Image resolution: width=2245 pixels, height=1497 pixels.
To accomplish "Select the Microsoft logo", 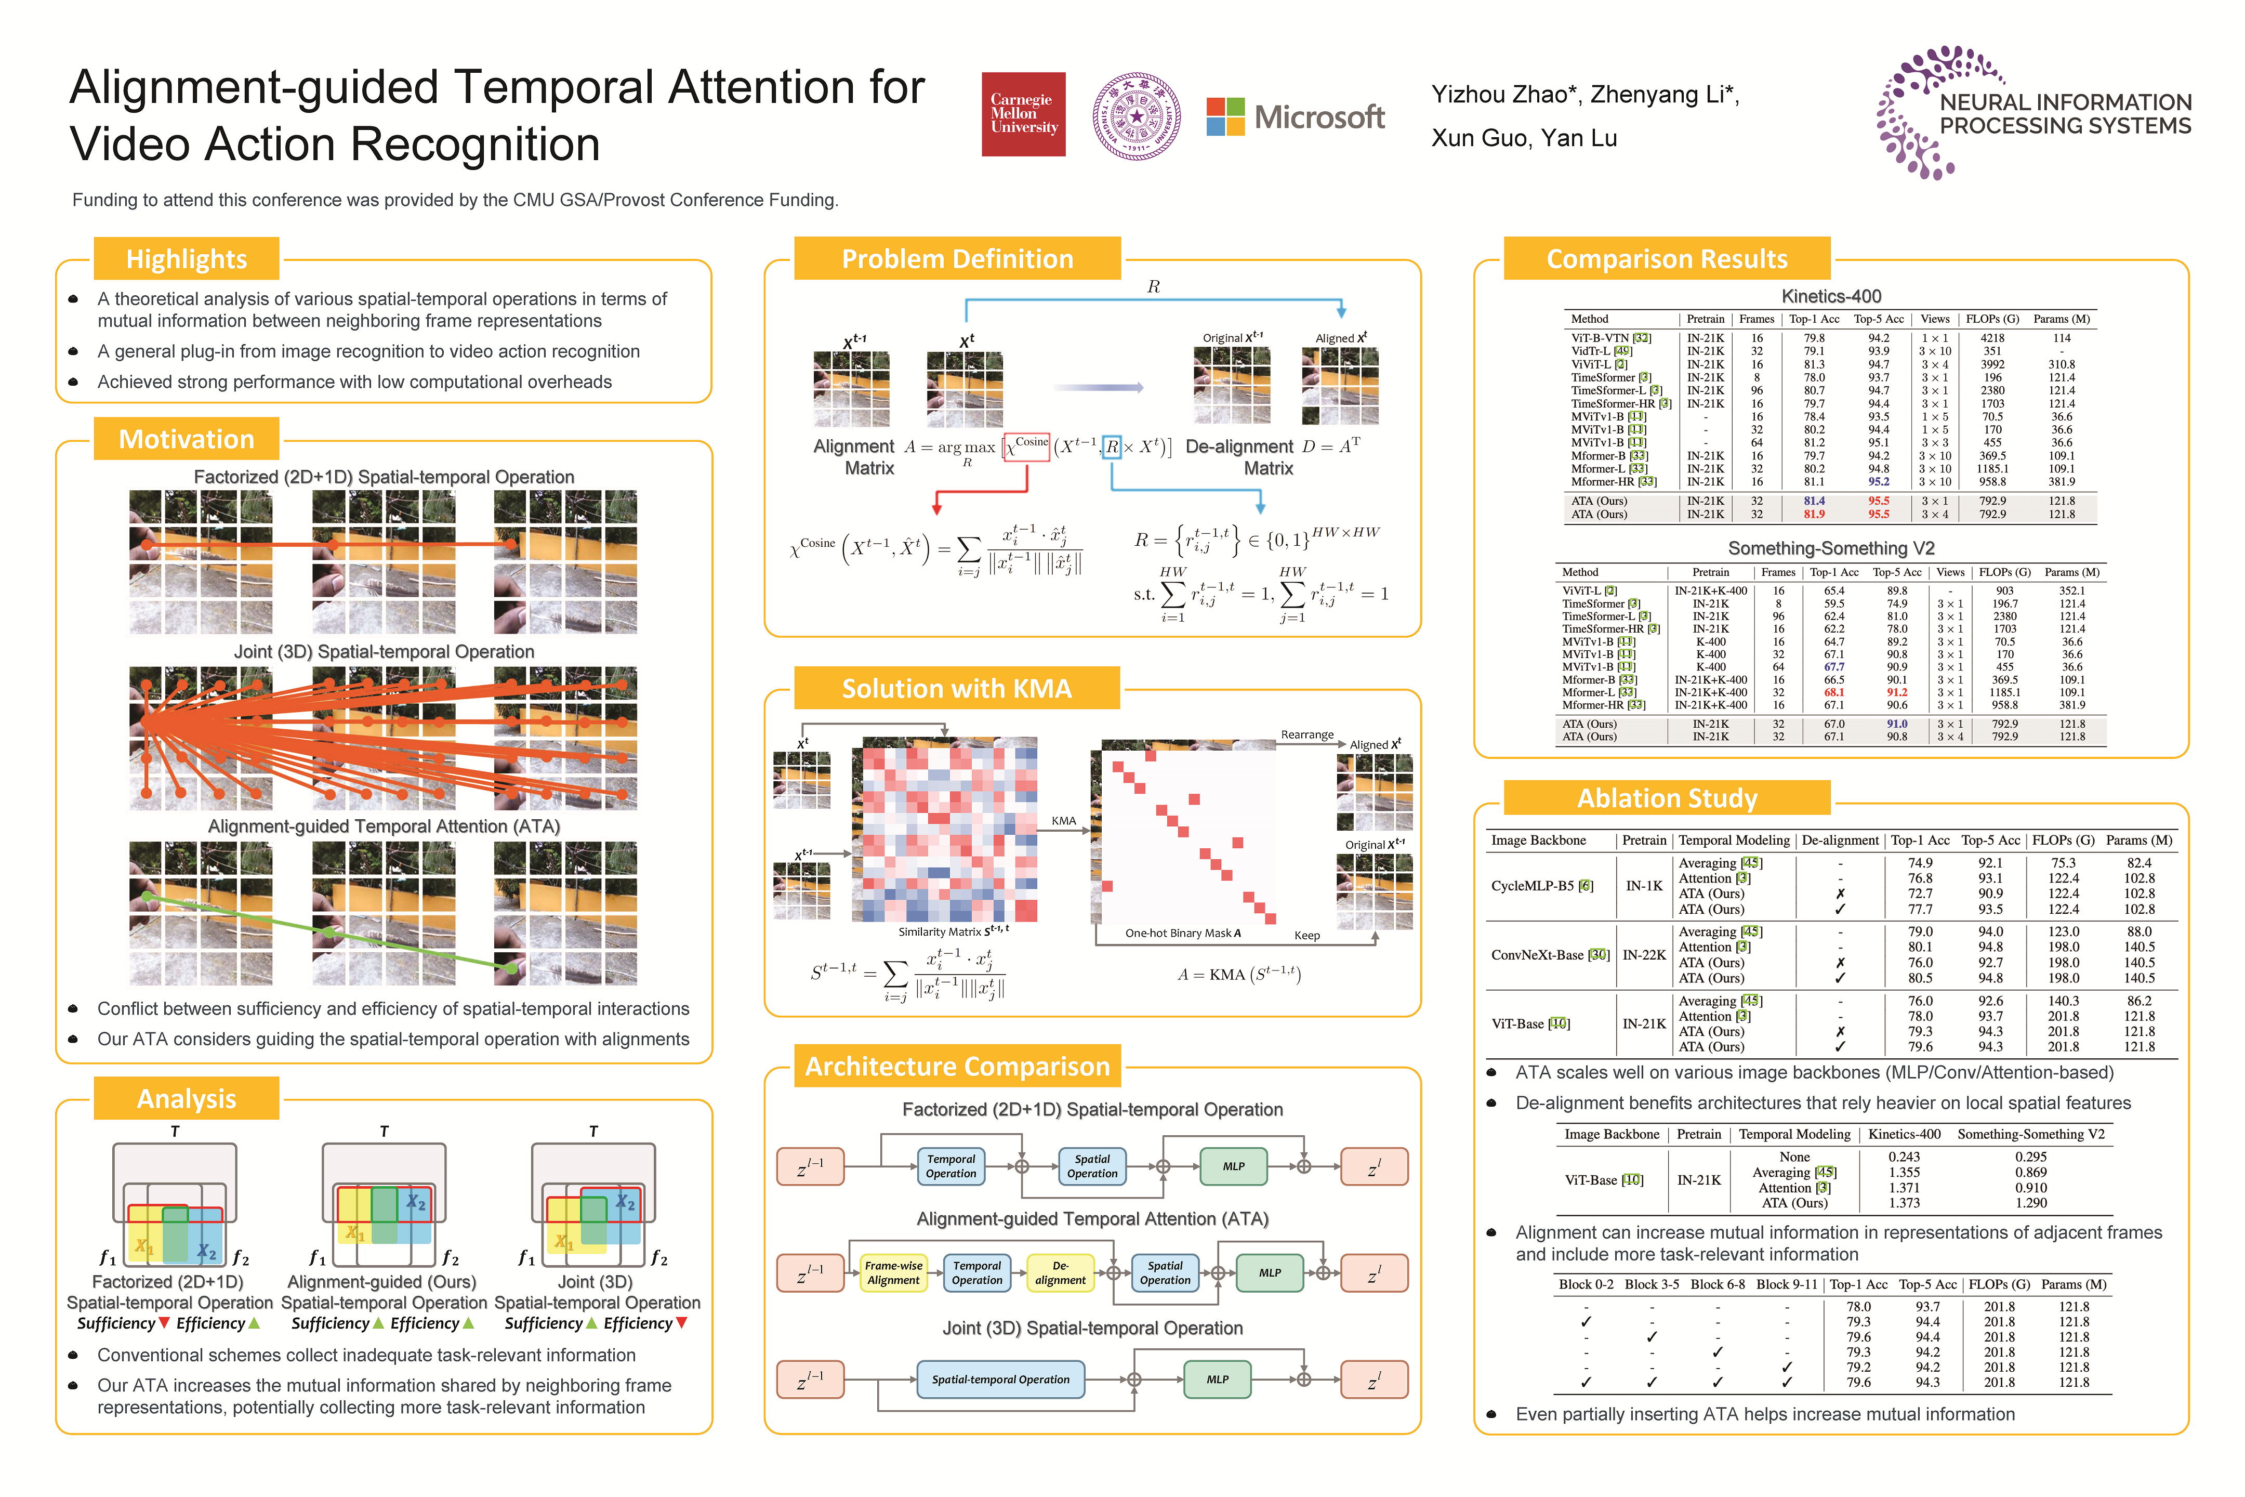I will click(x=1295, y=116).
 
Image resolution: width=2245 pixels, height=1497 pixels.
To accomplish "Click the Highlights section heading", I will click(x=186, y=259).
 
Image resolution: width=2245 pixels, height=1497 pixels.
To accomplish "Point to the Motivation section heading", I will click(x=186, y=439).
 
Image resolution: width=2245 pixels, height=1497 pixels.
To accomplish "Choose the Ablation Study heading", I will click(x=1667, y=798).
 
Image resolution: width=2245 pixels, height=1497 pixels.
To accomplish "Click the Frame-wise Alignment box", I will click(x=893, y=1272).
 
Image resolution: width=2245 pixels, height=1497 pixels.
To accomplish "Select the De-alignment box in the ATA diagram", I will click(x=1061, y=1272).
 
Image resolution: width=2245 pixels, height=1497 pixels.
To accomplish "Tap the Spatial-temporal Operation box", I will click(x=1000, y=1380).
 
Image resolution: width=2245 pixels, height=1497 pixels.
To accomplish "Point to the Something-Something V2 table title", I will click(x=1831, y=548).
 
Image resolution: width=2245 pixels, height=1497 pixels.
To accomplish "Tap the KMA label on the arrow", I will click(x=1063, y=821).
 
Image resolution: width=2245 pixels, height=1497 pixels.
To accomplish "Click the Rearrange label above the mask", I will click(x=1306, y=735).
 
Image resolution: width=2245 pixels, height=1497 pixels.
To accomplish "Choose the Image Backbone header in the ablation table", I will click(x=1539, y=840).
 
